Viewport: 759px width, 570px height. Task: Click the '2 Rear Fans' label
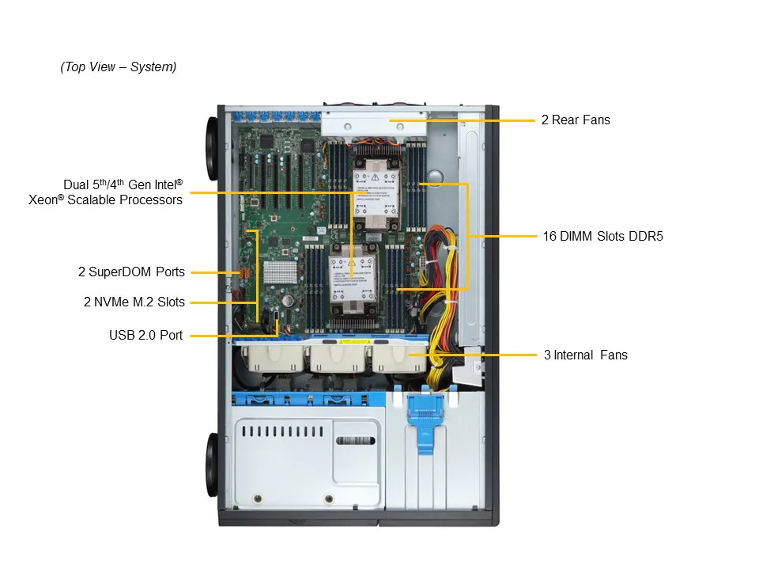pyautogui.click(x=576, y=120)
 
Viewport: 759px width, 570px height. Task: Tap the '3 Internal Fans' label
pyautogui.click(x=585, y=355)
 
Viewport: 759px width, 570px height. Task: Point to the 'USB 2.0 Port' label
pyautogui.click(x=146, y=336)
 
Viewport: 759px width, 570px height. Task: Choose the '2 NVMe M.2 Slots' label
pyautogui.click(x=134, y=302)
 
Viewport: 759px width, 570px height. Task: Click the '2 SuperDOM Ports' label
pyautogui.click(x=131, y=272)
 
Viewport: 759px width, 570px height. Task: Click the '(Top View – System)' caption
pyautogui.click(x=119, y=67)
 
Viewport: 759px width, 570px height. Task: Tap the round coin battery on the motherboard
pyautogui.click(x=289, y=301)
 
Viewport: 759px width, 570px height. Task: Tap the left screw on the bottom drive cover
pyautogui.click(x=257, y=500)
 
